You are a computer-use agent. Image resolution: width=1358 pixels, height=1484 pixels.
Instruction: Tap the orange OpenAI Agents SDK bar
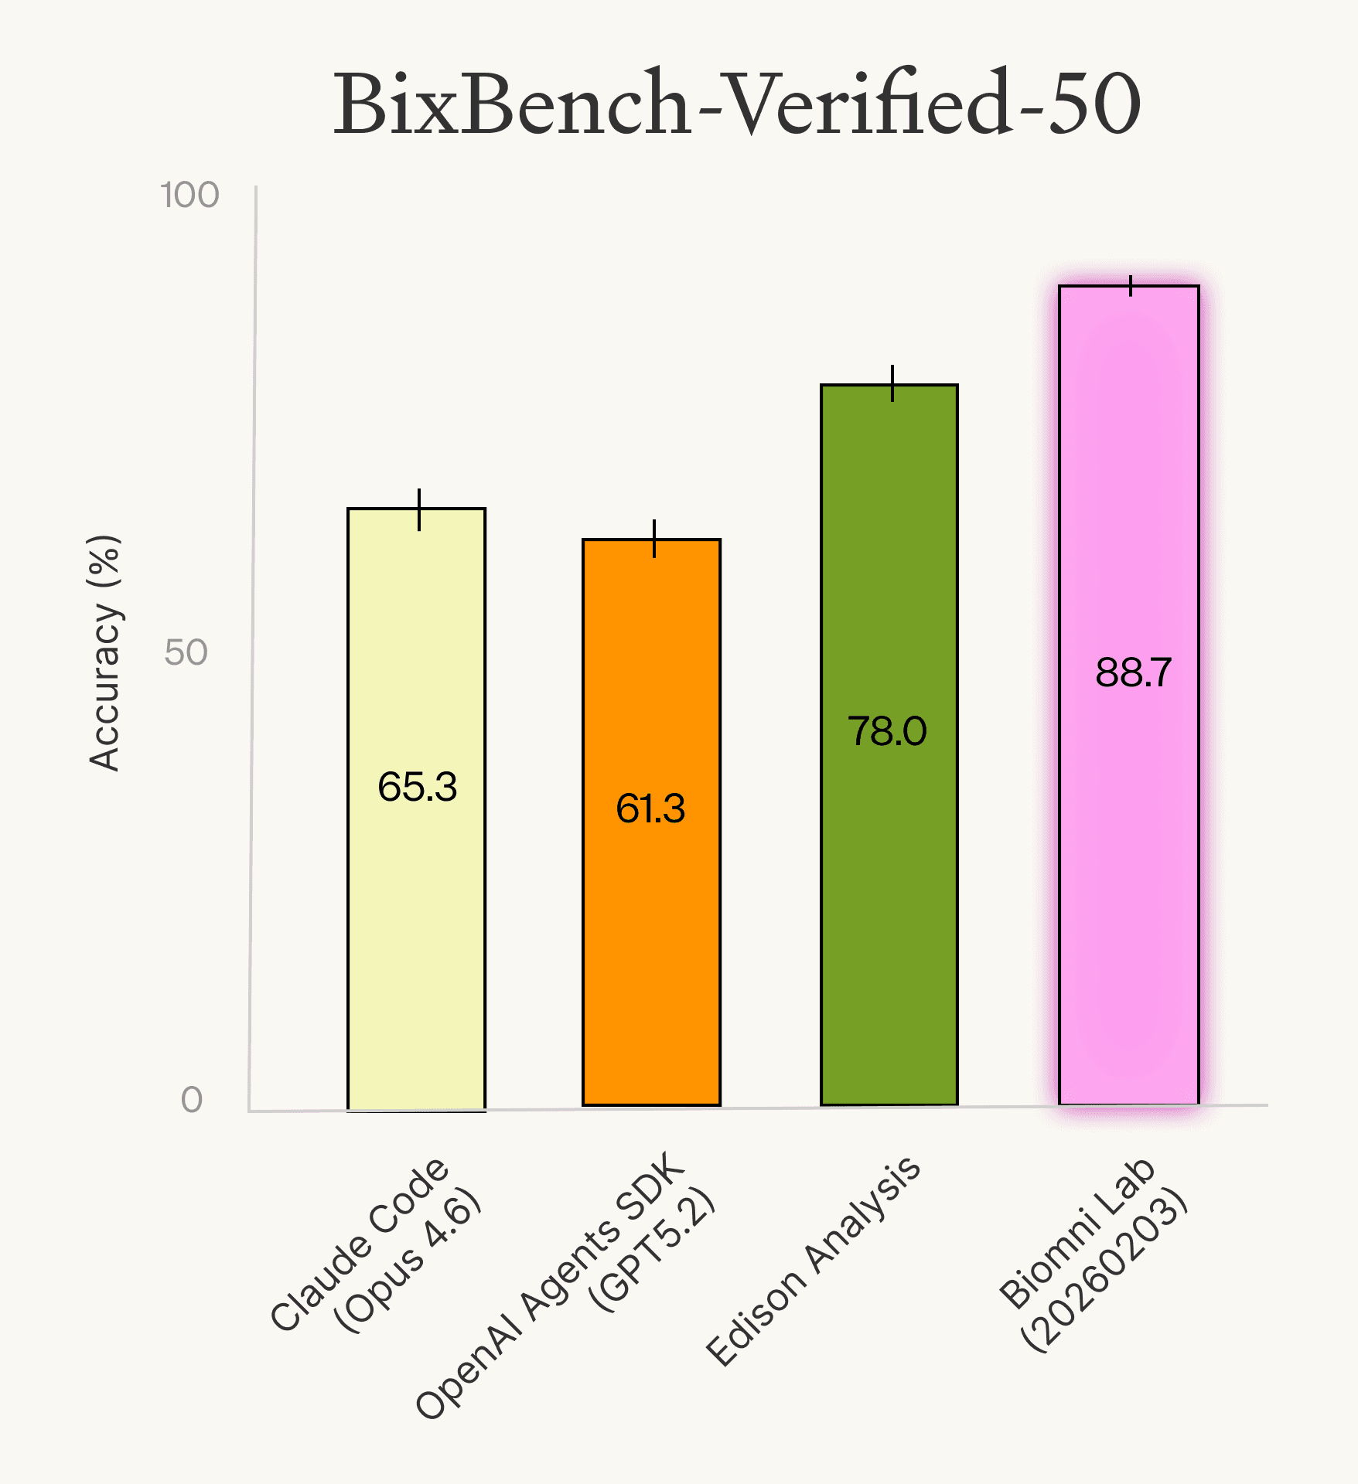(x=651, y=966)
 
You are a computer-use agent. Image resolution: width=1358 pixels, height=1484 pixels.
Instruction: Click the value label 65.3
(x=418, y=787)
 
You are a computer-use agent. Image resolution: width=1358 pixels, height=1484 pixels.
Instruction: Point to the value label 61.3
(x=650, y=808)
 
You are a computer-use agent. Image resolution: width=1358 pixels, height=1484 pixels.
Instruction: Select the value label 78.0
(x=887, y=730)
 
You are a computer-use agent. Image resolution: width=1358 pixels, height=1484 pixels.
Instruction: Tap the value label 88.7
(x=1134, y=672)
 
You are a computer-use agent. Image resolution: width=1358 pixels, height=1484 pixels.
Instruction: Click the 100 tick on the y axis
(x=190, y=195)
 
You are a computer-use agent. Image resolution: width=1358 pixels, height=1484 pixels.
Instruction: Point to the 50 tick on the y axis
(x=186, y=652)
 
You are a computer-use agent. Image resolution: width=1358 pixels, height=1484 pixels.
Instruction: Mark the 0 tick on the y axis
(x=192, y=1099)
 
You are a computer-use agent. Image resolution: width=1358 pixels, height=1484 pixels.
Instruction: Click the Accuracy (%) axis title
(x=104, y=653)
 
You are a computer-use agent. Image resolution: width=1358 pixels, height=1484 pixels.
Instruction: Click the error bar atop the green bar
(x=892, y=383)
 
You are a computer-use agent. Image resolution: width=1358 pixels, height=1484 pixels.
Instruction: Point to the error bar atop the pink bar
(x=1131, y=285)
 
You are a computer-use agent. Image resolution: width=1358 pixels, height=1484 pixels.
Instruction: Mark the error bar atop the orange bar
(x=654, y=539)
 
